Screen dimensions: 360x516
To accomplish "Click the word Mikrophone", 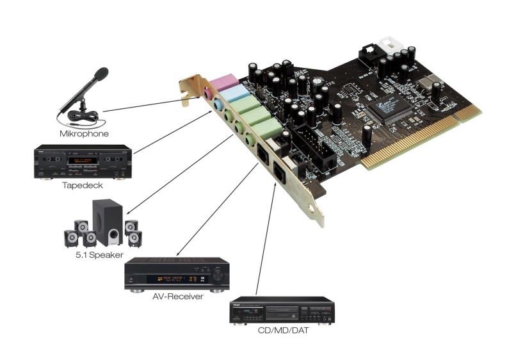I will point(83,134).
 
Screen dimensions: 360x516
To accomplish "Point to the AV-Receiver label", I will point(177,297).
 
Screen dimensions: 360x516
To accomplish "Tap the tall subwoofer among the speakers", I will point(107,221).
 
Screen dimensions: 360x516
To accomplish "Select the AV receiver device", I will point(177,275).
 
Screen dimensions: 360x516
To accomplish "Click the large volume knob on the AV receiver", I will point(219,276).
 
